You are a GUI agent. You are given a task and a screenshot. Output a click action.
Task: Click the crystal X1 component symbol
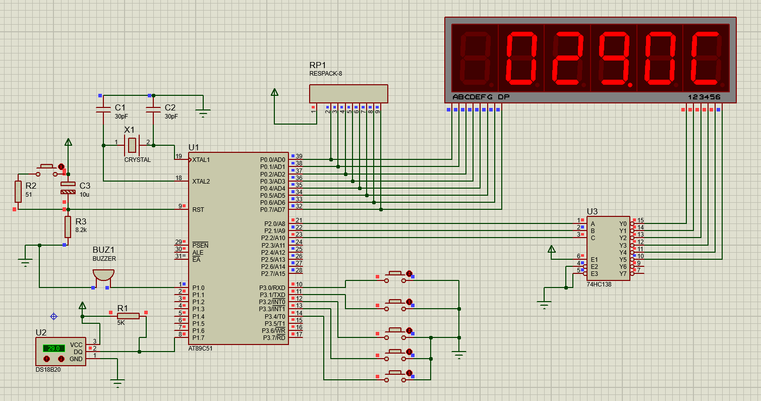[x=132, y=145]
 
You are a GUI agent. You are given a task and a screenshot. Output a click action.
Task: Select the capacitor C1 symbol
[x=103, y=109]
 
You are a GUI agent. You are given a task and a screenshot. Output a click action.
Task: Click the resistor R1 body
[x=128, y=316]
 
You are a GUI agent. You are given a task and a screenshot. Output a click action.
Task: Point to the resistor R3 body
[x=68, y=227]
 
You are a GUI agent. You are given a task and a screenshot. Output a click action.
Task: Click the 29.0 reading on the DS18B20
[x=53, y=349]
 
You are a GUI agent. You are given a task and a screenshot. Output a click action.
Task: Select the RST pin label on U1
[x=198, y=210]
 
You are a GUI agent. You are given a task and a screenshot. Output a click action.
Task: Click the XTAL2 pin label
[x=201, y=182]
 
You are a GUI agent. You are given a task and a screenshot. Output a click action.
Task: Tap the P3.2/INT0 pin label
[x=272, y=302]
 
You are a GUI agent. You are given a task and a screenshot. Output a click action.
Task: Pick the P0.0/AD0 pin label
[x=272, y=160]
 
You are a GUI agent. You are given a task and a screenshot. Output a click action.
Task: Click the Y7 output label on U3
[x=623, y=274]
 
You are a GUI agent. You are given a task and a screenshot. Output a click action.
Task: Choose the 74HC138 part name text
[x=599, y=284]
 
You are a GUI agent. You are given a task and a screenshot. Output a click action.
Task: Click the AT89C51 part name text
[x=200, y=349]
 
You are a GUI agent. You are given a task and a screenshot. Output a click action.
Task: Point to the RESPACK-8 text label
[x=325, y=74]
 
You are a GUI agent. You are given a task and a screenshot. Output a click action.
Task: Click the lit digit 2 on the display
[x=567, y=59]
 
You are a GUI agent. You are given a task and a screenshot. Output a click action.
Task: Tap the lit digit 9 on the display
[x=614, y=59]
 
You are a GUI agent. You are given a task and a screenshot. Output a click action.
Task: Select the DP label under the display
[x=503, y=97]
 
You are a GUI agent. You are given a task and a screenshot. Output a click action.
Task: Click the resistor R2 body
[x=18, y=192]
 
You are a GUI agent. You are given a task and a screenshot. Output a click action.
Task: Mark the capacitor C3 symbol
[x=68, y=188]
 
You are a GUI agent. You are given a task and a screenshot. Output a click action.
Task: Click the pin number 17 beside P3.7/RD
[x=299, y=334]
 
